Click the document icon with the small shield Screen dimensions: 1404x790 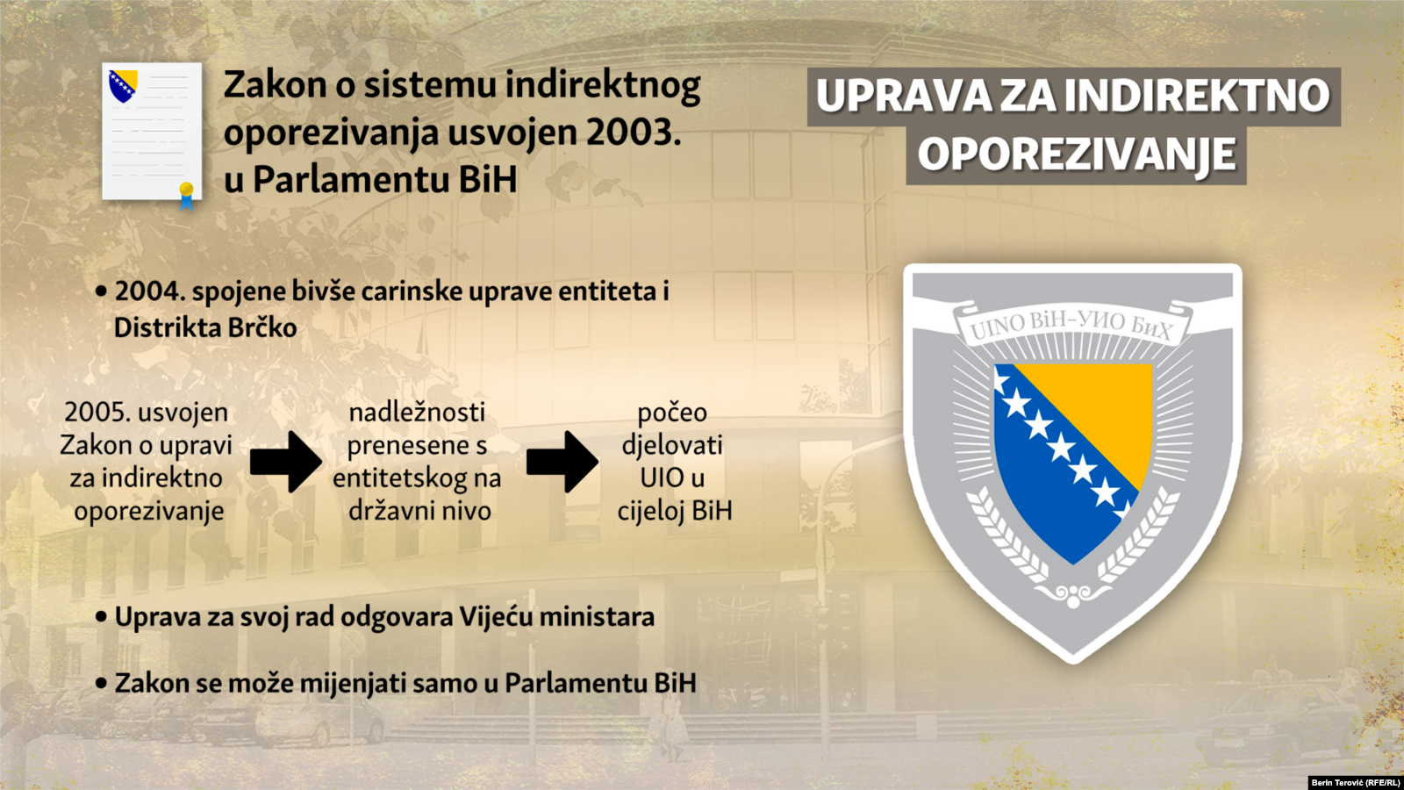click(x=153, y=132)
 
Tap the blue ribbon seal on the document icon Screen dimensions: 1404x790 click(x=186, y=197)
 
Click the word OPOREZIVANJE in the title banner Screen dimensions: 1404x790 click(x=1076, y=154)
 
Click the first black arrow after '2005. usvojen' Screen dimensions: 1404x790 click(x=286, y=462)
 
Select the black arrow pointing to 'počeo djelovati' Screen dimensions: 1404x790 click(x=562, y=462)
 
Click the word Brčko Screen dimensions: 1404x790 click(x=261, y=328)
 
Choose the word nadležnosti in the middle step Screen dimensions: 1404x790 click(x=417, y=413)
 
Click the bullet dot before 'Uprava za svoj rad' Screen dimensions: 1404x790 click(x=101, y=618)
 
